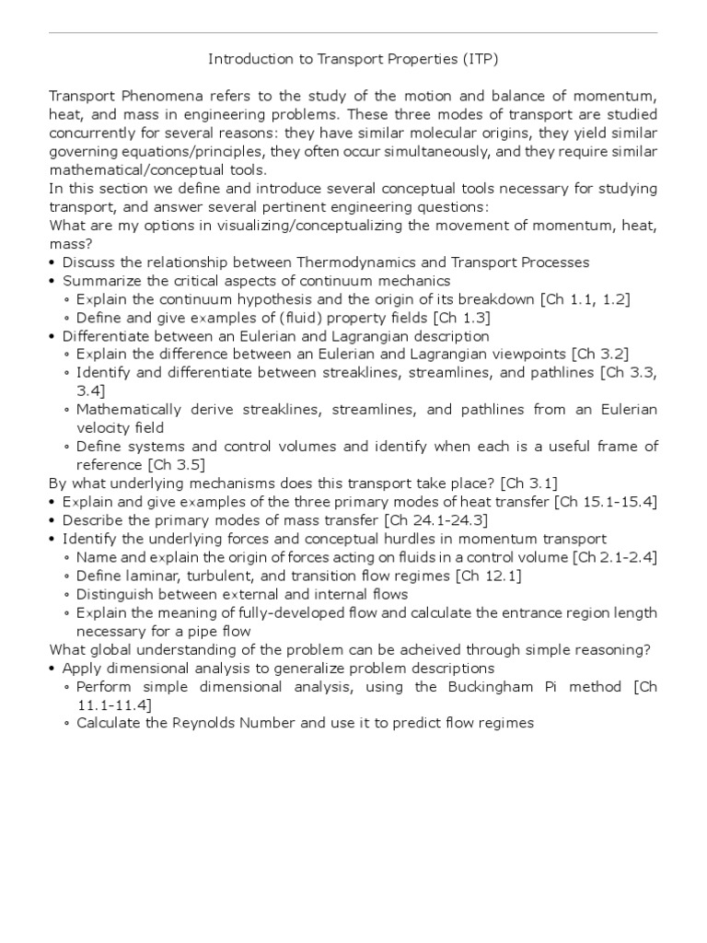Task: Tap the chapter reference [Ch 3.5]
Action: point(181,465)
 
